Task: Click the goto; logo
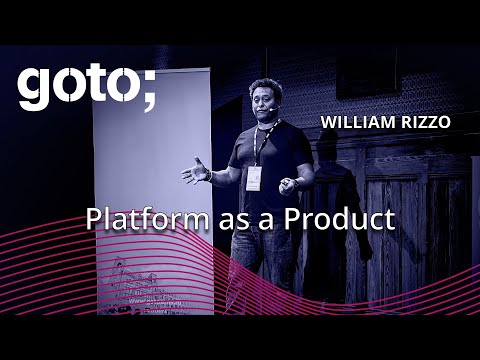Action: coord(86,88)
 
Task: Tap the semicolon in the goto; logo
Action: coord(148,90)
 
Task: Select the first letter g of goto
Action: coord(32,92)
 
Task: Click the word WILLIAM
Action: coord(355,122)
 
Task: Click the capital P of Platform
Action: coord(93,218)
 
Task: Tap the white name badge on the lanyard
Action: coord(254,177)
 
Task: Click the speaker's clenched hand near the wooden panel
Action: coord(288,184)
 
